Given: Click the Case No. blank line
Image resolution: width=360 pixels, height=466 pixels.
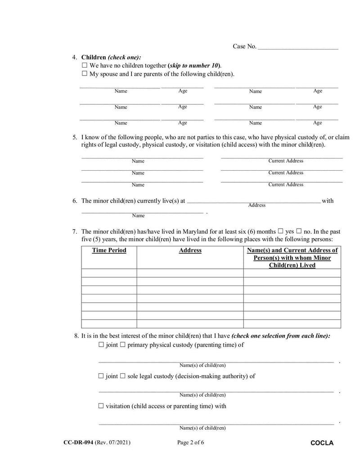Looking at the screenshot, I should pyautogui.click(x=297, y=47).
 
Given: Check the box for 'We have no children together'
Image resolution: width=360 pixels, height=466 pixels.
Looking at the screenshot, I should pyautogui.click(x=84, y=66).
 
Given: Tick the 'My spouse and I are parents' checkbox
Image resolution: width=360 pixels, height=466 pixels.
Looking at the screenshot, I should pyautogui.click(x=84, y=74).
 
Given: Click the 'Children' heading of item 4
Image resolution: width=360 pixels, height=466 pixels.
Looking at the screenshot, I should pyautogui.click(x=94, y=58).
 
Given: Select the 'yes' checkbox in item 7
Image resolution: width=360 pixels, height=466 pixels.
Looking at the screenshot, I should pyautogui.click(x=280, y=231).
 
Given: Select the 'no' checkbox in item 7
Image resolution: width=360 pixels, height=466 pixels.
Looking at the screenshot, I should pyautogui.click(x=298, y=231).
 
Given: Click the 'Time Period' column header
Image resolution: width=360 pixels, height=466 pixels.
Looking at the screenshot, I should pyautogui.click(x=109, y=250).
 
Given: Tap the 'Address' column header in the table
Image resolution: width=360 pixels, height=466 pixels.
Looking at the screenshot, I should pyautogui.click(x=190, y=250).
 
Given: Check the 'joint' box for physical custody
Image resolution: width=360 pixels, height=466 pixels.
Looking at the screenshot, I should pyautogui.click(x=101, y=345).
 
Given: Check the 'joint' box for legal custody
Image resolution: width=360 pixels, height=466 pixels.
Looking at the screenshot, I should pyautogui.click(x=101, y=376).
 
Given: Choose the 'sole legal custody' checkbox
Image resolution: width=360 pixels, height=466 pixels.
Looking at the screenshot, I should pyautogui.click(x=122, y=376).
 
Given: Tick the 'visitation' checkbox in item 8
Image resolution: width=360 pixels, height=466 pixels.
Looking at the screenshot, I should pyautogui.click(x=101, y=406).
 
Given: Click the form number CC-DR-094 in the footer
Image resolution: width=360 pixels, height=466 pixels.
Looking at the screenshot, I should pyautogui.click(x=78, y=443).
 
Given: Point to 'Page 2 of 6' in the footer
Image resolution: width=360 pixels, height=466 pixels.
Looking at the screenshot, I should pyautogui.click(x=191, y=443).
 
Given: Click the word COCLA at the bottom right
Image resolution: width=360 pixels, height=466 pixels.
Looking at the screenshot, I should pyautogui.click(x=322, y=443).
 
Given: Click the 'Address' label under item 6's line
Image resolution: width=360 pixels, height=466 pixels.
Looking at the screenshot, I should pyautogui.click(x=256, y=205).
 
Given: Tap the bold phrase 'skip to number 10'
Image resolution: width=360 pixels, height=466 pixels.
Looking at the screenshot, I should pyautogui.click(x=194, y=66).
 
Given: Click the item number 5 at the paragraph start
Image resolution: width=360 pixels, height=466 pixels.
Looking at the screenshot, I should pyautogui.click(x=75, y=137).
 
